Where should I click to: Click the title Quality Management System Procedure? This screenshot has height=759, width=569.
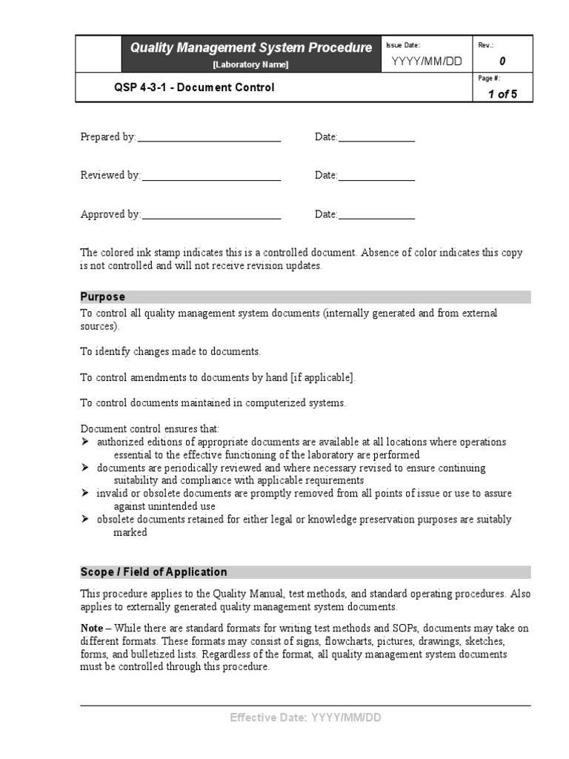[251, 48]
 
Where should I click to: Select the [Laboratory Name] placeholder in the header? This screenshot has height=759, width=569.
[251, 64]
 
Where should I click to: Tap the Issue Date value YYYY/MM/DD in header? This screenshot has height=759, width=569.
[426, 61]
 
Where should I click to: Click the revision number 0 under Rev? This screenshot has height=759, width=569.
[502, 62]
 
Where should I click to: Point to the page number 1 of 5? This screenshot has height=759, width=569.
[502, 94]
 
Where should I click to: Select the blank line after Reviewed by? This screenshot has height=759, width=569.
[211, 176]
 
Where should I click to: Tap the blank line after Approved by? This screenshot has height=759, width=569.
[211, 215]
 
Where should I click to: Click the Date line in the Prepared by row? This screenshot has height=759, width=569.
[376, 137]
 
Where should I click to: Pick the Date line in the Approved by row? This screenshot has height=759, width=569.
[376, 215]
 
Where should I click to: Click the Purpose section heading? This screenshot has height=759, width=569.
[103, 297]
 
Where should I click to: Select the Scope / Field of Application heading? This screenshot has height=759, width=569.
[153, 572]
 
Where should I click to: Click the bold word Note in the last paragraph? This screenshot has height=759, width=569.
[91, 628]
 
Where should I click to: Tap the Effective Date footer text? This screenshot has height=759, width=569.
[305, 717]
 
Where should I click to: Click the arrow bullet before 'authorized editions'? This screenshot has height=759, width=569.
[84, 442]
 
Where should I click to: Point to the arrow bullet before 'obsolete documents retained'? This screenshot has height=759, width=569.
[84, 520]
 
